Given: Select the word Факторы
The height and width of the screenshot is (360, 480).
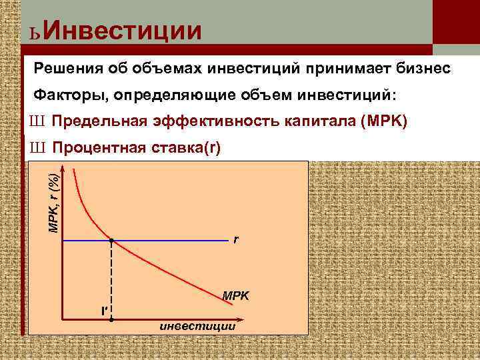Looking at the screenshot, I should [69, 95].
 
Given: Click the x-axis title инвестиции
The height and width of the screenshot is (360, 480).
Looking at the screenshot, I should [197, 326].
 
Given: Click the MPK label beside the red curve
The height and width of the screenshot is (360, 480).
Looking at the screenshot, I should [235, 295].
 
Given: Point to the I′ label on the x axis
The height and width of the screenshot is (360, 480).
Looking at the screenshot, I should [103, 311].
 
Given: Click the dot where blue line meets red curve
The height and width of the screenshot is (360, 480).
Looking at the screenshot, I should [111, 239].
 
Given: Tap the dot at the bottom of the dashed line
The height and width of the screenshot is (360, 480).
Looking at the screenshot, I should [111, 320].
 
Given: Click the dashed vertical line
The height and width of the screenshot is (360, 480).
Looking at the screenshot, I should [111, 280].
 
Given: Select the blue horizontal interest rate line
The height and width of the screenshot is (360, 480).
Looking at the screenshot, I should [173, 239].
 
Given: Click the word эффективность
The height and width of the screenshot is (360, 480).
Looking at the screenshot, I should [235, 121].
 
